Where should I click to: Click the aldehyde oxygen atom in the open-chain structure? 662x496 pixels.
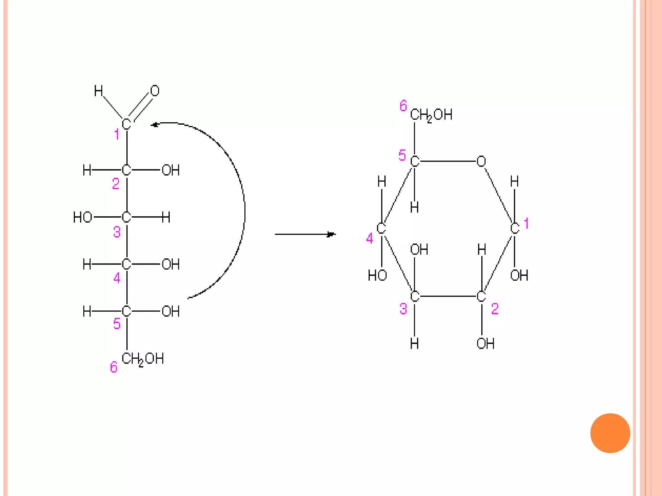coord(155,91)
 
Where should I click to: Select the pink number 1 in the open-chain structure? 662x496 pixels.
coord(117,134)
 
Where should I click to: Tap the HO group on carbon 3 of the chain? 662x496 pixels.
coord(82,217)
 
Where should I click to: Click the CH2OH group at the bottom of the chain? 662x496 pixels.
coord(143,359)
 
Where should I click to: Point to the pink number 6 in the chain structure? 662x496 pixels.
coord(113,367)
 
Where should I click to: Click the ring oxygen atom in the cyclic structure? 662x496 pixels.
coord(481,161)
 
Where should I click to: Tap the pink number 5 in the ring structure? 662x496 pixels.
coord(402,155)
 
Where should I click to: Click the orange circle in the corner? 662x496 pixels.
coord(610,433)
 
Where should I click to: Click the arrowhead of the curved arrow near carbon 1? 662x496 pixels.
coord(155,125)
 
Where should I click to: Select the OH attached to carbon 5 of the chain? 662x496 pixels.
coord(170,311)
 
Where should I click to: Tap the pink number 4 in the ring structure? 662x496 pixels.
coord(369,238)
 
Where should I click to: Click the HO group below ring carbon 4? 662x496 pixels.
coord(377,275)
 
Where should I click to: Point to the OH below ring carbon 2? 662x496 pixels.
coord(485,344)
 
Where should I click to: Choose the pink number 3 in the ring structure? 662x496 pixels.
coord(403,309)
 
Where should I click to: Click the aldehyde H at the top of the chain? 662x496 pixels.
coord(98,91)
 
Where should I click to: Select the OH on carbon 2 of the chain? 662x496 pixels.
coord(170,170)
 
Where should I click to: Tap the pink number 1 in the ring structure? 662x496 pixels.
coord(526,223)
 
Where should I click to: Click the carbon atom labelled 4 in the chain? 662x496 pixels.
coord(126,264)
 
